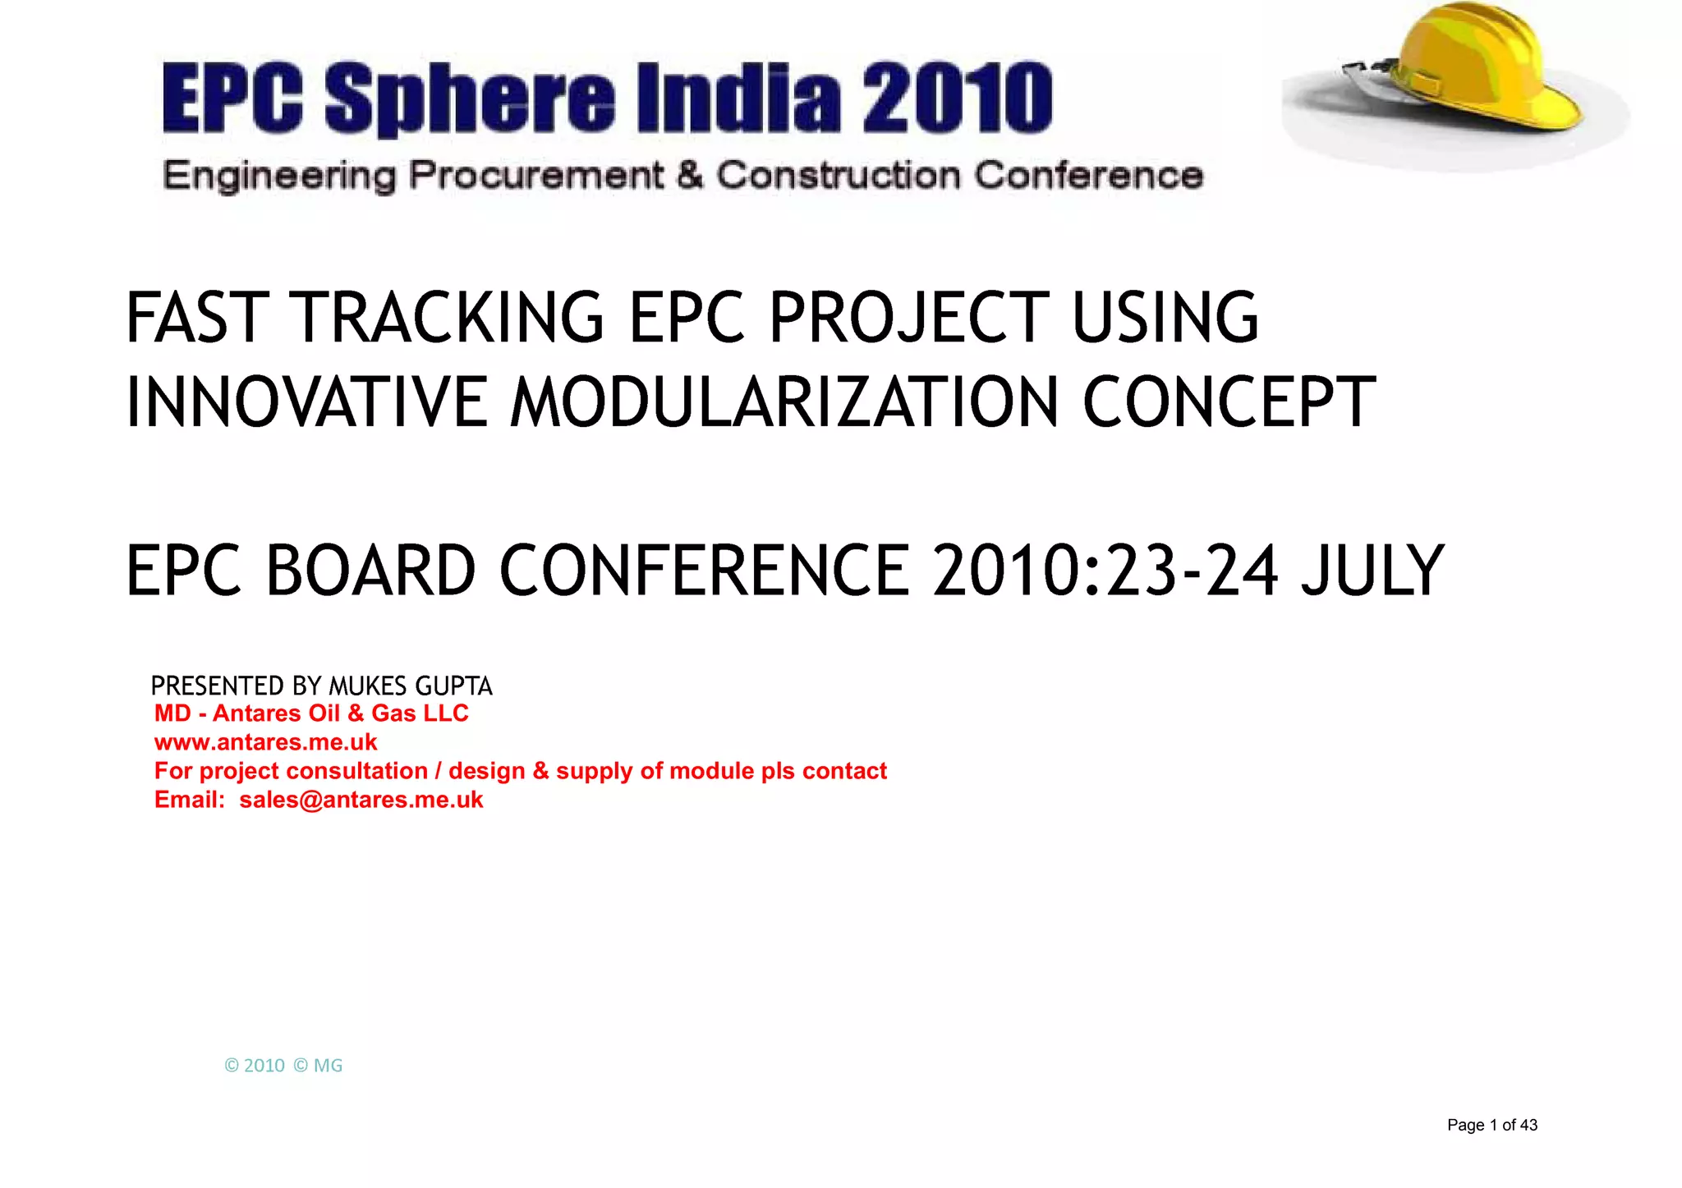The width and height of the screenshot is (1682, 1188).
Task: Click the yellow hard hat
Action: [x=1470, y=70]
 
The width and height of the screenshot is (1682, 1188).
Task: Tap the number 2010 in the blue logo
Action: [x=958, y=98]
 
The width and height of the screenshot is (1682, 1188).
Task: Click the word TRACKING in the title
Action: [x=448, y=318]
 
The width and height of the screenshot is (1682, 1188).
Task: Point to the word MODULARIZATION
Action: [x=784, y=402]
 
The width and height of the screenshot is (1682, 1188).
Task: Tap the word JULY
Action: [x=1372, y=571]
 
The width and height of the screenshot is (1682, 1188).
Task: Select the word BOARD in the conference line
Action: [x=370, y=571]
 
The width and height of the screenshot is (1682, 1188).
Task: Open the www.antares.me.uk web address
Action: [x=265, y=742]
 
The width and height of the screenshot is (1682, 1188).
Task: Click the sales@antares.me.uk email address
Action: [x=361, y=800]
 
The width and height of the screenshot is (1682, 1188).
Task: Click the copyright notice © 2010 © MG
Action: [x=283, y=1066]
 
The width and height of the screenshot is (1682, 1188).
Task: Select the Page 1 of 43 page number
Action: [x=1491, y=1125]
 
